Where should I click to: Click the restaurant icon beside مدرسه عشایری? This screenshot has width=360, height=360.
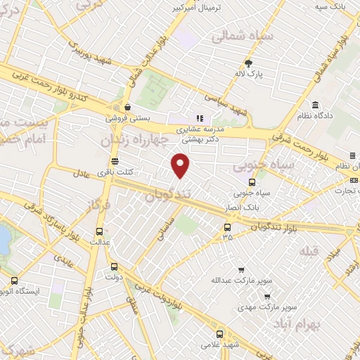tap(200, 118)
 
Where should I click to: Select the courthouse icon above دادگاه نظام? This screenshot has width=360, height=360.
tap(316, 104)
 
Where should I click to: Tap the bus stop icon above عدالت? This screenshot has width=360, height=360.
tap(98, 231)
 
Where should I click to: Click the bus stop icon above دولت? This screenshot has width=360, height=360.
tap(114, 266)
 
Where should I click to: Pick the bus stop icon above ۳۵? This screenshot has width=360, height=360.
tap(226, 226)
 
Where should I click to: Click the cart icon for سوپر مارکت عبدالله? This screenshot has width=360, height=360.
tap(241, 269)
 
